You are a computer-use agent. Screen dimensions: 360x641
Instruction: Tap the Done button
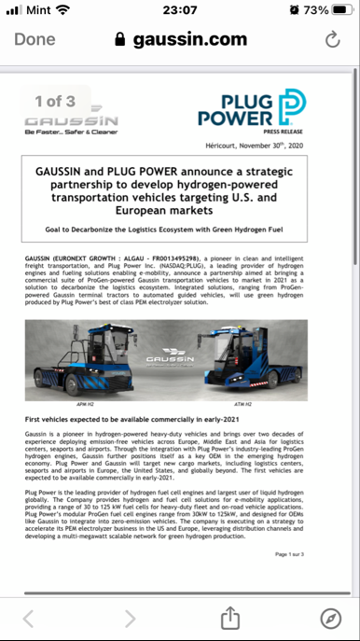35,40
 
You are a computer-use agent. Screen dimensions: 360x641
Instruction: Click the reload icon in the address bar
332,40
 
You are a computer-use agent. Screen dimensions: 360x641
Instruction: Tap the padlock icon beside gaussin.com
118,40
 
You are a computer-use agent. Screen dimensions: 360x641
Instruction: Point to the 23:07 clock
179,10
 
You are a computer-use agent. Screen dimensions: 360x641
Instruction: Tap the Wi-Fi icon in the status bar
63,10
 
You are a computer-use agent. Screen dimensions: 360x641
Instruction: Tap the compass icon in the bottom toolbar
330,617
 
